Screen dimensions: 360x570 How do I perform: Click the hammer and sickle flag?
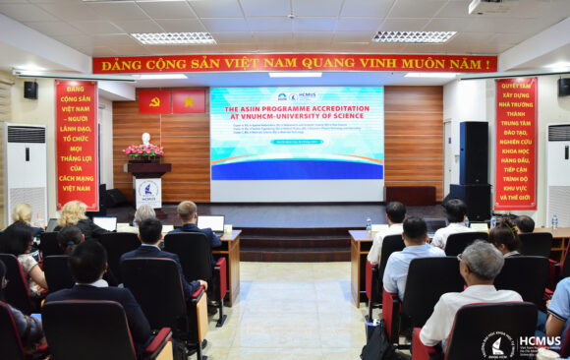coord(154,101)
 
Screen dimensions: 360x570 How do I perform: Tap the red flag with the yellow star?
coord(189,101)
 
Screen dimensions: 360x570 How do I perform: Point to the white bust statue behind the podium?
coord(146,139)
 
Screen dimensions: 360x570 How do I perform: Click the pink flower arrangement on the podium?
coord(144,151)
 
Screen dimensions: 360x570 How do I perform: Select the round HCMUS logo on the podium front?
coord(148,190)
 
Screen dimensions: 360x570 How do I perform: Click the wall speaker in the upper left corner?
coord(30,90)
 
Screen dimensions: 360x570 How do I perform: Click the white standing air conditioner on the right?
coord(557,173)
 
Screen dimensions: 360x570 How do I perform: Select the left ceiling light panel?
coord(174,38)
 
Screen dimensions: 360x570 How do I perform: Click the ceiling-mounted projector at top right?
coord(488,7)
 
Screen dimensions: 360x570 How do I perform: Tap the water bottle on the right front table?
coord(369,224)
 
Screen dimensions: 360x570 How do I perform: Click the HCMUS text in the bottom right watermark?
coord(540,340)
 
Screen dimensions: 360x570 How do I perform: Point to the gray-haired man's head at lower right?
coord(482,260)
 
